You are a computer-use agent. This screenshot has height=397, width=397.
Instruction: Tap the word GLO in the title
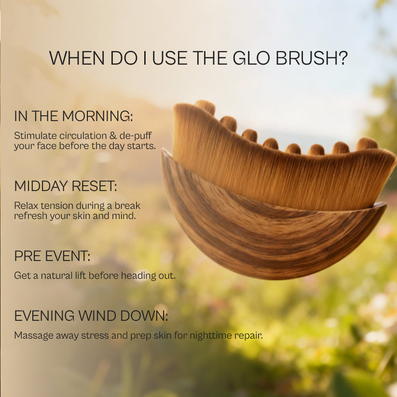(x=251, y=58)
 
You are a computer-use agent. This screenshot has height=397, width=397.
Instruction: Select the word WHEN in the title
(x=77, y=58)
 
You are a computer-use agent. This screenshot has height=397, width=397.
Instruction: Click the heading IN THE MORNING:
(x=73, y=116)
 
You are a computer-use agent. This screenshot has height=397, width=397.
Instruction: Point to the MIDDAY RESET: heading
(x=66, y=186)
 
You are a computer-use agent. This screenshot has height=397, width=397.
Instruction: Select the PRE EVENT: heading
(x=52, y=256)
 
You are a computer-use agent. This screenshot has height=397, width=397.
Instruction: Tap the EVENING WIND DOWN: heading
(x=91, y=316)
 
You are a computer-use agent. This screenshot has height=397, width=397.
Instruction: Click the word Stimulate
(x=35, y=136)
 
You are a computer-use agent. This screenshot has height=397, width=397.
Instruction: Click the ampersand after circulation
(x=113, y=136)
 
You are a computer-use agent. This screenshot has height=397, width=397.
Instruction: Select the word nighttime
(x=211, y=336)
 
